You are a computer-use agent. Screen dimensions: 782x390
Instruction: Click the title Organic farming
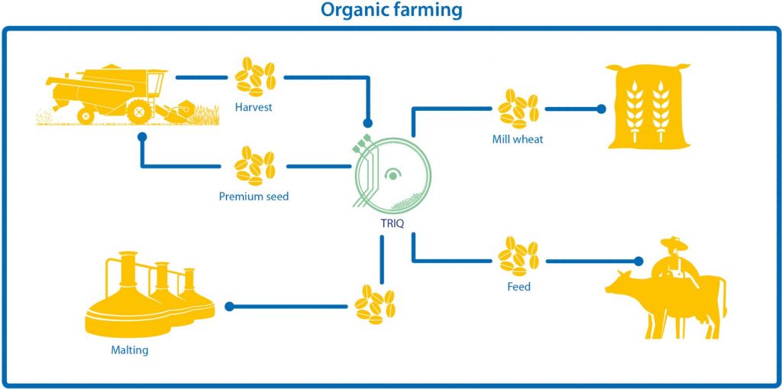click(391, 10)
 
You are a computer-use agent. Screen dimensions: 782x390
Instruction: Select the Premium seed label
click(254, 197)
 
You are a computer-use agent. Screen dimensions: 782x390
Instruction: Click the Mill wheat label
click(517, 139)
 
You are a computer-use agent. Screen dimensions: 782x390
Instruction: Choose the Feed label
click(519, 287)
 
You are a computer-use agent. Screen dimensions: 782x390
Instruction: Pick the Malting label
click(130, 350)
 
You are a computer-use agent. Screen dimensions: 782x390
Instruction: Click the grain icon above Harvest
click(255, 77)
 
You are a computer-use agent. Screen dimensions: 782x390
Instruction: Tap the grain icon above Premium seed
click(255, 165)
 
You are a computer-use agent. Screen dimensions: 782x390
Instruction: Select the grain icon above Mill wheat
click(519, 109)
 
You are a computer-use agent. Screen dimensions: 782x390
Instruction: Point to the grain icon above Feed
click(519, 256)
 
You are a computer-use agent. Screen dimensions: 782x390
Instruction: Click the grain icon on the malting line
click(375, 305)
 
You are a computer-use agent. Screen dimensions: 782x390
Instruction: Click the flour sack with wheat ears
click(648, 106)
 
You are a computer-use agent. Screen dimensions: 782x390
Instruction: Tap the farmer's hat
click(674, 243)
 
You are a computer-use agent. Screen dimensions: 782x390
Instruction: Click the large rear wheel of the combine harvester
click(139, 111)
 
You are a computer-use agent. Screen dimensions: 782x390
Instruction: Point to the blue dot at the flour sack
click(602, 109)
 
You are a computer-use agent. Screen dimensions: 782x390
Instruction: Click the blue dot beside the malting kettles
click(229, 306)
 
